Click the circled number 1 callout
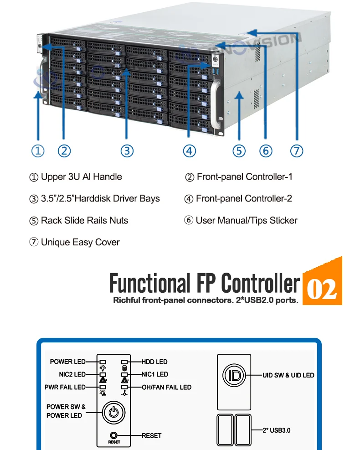point(38,151)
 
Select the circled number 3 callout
point(127,151)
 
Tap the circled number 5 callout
point(239,151)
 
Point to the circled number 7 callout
point(297,151)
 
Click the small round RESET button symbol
point(114,435)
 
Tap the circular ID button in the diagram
point(234,376)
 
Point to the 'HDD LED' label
point(154,362)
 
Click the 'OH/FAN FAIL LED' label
point(166,387)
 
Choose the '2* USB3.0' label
point(277,430)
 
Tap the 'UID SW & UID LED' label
point(288,375)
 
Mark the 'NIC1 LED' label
point(155,374)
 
